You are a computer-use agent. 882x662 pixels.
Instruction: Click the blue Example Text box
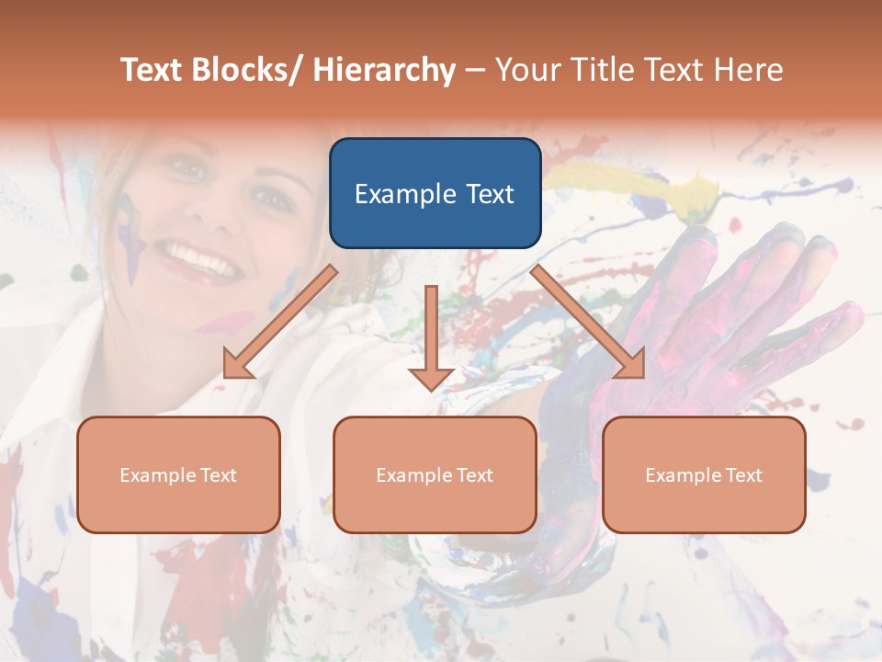[x=435, y=193]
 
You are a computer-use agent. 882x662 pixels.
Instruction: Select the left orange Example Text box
[x=178, y=474]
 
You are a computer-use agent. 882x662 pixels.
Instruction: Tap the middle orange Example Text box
[x=435, y=474]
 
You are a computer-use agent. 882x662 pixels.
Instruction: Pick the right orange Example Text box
[x=704, y=474]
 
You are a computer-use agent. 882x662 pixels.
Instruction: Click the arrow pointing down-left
[x=280, y=323]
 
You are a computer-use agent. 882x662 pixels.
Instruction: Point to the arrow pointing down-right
[x=589, y=323]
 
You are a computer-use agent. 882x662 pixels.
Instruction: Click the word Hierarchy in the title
[x=384, y=71]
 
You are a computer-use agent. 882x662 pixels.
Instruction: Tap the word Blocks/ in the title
[x=249, y=71]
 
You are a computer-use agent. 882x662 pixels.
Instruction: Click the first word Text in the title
[x=153, y=71]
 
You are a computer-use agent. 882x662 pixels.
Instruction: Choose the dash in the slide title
[x=475, y=71]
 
